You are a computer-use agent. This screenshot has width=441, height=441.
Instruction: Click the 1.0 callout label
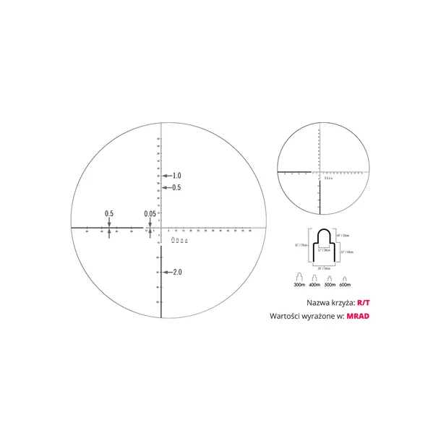point(176,176)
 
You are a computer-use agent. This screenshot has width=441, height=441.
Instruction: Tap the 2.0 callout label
point(176,273)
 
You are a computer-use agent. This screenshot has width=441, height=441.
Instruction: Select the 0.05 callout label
point(150,213)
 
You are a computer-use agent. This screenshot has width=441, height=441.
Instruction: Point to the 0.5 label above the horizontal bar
point(109,213)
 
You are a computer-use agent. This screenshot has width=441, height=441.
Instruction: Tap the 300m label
point(299,285)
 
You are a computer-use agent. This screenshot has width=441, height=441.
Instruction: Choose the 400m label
point(315,285)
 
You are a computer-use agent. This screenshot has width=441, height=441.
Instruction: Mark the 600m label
point(346,285)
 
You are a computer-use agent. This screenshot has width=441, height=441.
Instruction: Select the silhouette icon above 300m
point(299,277)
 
